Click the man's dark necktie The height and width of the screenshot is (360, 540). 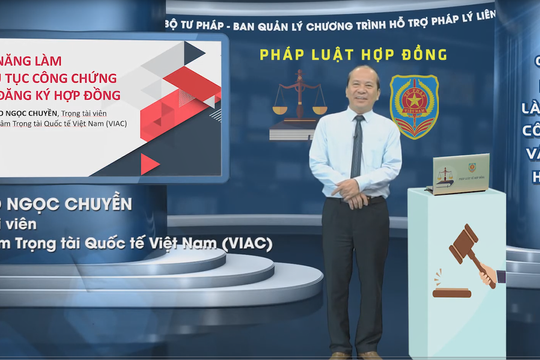(356, 145)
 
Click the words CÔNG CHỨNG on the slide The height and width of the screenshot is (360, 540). (80, 77)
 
